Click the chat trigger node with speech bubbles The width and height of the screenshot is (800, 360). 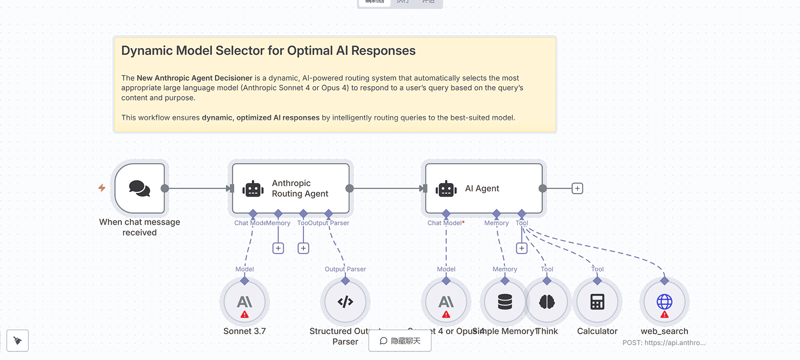point(140,189)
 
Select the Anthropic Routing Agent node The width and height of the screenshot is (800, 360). point(290,189)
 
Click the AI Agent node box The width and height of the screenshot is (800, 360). point(483,189)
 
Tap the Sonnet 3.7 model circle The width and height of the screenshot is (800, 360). point(245,302)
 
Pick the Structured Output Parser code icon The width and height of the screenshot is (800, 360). point(345,302)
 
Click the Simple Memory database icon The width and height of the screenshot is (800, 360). point(505,302)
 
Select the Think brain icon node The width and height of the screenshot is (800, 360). point(547,302)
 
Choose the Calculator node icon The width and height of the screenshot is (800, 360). point(597,302)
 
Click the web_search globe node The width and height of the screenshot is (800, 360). point(664,302)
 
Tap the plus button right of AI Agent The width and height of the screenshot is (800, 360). point(577,189)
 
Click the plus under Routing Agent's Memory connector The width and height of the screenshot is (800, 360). point(278,248)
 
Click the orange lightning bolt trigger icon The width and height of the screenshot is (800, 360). point(102,188)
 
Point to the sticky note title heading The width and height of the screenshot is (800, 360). point(268,51)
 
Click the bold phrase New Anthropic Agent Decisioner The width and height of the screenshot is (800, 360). point(194,78)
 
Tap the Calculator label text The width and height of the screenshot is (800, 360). point(597,331)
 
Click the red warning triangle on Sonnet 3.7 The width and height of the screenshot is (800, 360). point(245,315)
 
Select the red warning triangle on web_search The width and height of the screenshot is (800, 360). point(664,315)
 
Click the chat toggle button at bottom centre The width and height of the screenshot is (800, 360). point(400,341)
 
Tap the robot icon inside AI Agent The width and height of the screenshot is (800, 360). point(446,189)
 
